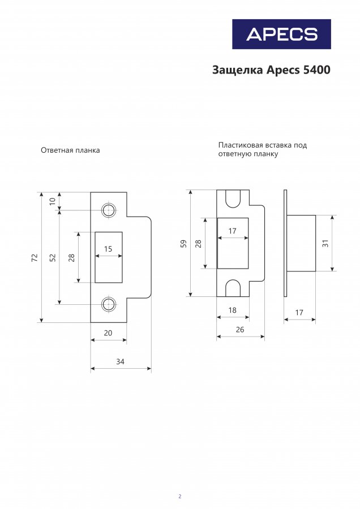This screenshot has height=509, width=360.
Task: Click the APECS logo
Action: (x=281, y=34)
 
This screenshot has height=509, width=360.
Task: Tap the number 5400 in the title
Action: (x=316, y=70)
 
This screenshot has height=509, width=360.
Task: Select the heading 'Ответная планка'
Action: (x=70, y=150)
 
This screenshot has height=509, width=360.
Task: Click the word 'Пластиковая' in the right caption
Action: (x=241, y=145)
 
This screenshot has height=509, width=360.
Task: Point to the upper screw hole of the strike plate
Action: (x=109, y=210)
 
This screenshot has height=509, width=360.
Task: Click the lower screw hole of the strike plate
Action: (x=109, y=304)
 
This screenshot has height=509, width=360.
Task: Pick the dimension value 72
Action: (x=35, y=258)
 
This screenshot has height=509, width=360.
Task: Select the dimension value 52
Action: (x=53, y=258)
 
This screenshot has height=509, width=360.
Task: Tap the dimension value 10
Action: (x=53, y=201)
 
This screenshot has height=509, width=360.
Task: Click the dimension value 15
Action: (x=108, y=249)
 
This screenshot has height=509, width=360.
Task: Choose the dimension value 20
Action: (x=108, y=333)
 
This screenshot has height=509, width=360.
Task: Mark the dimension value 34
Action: (x=120, y=361)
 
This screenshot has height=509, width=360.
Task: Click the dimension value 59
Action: (x=184, y=244)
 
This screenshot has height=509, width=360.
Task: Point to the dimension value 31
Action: (x=325, y=243)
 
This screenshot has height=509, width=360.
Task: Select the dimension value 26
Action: (x=240, y=330)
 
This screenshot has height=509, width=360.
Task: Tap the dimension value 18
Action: (x=232, y=310)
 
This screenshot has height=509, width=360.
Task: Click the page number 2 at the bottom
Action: (x=180, y=497)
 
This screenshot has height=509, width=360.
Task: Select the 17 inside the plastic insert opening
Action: (x=232, y=231)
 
